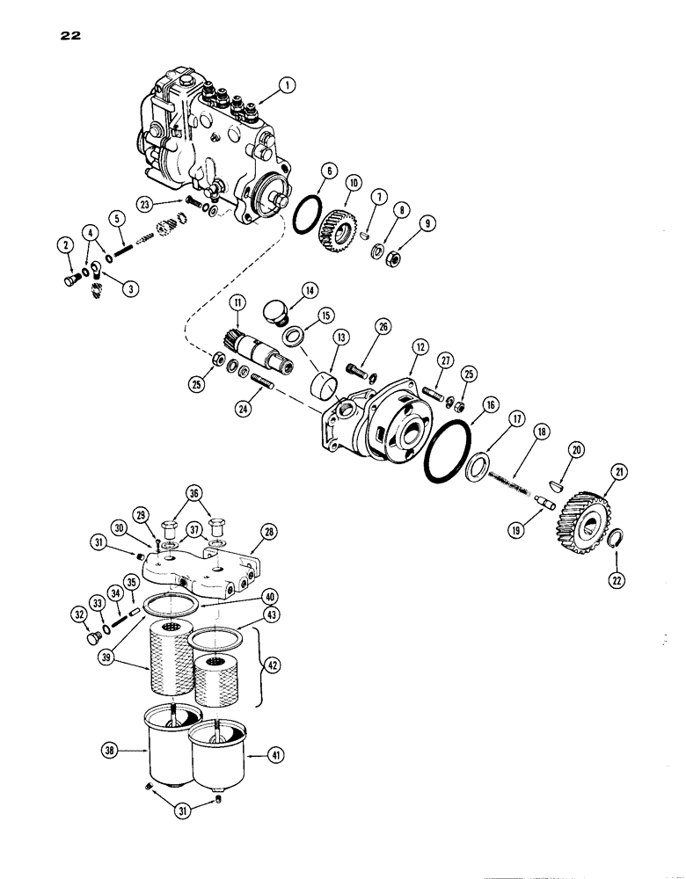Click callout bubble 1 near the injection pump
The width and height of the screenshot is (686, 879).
286,86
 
